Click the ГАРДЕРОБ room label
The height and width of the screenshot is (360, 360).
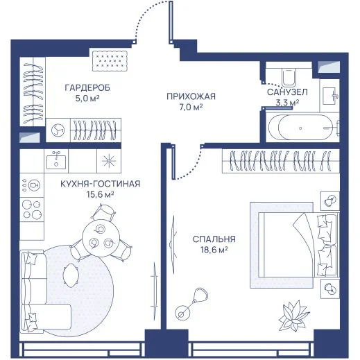tap(87, 88)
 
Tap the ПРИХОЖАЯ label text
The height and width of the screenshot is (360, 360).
tap(191, 96)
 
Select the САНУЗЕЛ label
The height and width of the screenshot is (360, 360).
tap(287, 92)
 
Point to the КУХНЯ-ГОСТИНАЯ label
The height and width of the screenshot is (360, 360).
tap(101, 184)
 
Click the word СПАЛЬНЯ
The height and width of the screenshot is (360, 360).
tap(214, 239)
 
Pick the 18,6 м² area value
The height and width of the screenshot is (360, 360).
tap(214, 250)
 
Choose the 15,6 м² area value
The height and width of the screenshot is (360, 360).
tap(101, 194)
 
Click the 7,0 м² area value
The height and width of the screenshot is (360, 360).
tap(191, 107)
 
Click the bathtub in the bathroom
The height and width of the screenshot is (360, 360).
tap(303, 128)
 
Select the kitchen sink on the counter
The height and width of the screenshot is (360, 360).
tap(56, 160)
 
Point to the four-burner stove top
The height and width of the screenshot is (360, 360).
tap(32, 209)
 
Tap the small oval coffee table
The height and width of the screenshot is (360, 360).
tap(70, 276)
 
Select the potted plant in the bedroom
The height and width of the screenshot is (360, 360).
tap(293, 316)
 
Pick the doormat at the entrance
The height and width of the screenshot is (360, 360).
tap(110, 61)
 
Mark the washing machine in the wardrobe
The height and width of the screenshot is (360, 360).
tap(58, 130)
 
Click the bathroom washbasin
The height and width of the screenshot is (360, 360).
tap(329, 96)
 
